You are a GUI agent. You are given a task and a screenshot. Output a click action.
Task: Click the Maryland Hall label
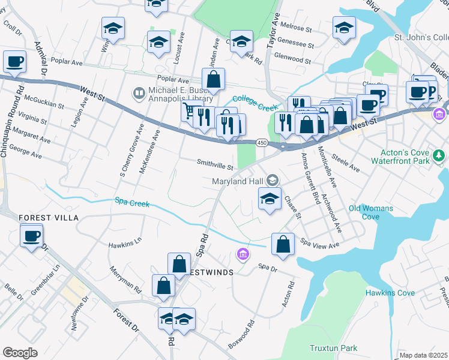click(x=238, y=181)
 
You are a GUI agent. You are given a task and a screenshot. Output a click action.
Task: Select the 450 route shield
click(x=262, y=143)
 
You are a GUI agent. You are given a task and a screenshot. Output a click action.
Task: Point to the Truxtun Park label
click(x=333, y=348)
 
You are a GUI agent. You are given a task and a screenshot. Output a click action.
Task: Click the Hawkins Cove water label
click(x=390, y=293)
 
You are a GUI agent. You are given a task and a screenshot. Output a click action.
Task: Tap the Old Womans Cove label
click(x=371, y=212)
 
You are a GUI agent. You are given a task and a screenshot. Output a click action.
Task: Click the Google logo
click(x=20, y=353)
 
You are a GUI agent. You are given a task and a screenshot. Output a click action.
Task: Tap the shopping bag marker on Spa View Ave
click(x=283, y=244)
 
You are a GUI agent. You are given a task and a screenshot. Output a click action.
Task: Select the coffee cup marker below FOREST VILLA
click(x=31, y=235)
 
